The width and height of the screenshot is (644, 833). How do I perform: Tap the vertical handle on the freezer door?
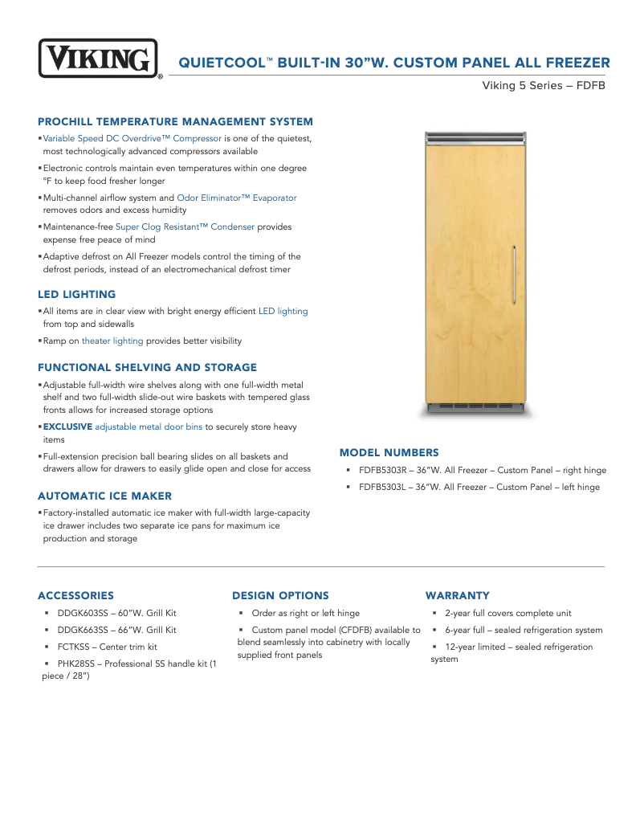click(x=514, y=276)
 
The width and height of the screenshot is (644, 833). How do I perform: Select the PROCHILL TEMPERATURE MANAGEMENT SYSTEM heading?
click(x=175, y=122)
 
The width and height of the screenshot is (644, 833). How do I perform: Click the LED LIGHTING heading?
click(x=76, y=295)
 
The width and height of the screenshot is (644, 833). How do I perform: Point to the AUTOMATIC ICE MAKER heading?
click(x=104, y=496)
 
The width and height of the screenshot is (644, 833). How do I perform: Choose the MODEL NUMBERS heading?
click(x=389, y=453)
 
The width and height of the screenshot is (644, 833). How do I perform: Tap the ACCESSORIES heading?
click(x=75, y=596)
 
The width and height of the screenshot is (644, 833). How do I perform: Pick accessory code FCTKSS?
click(x=75, y=647)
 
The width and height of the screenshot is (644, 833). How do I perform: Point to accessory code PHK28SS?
click(x=77, y=664)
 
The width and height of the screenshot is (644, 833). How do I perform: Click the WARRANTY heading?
click(x=457, y=596)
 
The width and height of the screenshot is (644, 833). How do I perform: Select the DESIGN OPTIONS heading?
click(x=280, y=596)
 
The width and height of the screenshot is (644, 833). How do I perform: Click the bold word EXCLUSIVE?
click(x=67, y=427)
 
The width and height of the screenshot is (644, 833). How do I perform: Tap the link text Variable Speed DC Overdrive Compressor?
click(x=132, y=139)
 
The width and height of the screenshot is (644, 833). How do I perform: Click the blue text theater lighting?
click(x=112, y=341)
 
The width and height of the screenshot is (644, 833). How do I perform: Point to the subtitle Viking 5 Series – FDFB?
click(x=543, y=85)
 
